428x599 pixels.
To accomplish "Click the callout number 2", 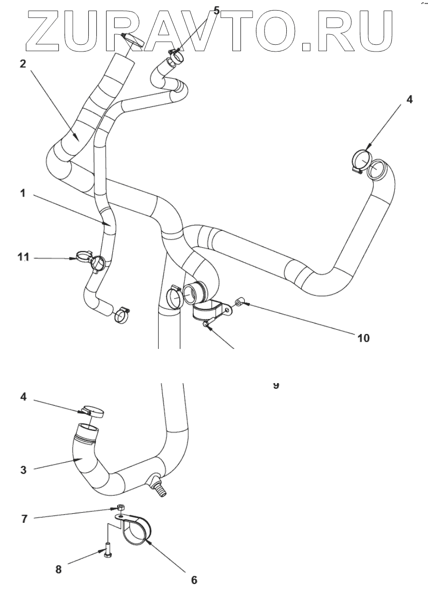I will coord(23,65).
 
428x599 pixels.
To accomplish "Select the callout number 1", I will coord(23,194).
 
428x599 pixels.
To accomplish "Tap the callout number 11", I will coord(24,258).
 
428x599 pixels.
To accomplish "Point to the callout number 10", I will coord(363,338).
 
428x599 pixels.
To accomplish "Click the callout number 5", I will coord(216,10).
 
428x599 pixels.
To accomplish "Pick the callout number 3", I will coord(23,469).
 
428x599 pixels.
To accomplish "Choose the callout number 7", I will coord(23,519).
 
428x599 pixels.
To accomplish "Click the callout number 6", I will coord(194,580).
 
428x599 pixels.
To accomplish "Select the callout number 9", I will coord(276,385).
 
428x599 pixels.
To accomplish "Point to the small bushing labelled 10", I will coord(239,303).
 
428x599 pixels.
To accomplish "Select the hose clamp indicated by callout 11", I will coord(98,263).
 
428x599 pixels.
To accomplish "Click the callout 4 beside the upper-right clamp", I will coord(409,101).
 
